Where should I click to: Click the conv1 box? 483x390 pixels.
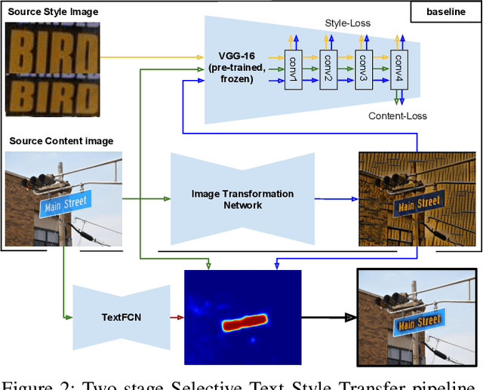point(292,71)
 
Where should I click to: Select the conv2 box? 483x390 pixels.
point(328,71)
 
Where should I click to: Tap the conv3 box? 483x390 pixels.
point(363,71)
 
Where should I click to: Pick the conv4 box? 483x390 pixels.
point(398,71)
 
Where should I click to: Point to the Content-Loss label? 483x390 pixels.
point(397,115)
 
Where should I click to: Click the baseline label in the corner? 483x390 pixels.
point(445,11)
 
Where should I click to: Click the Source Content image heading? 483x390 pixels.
point(61,141)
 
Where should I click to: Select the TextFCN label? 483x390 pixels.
point(122,316)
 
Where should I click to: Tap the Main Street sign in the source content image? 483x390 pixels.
point(66,204)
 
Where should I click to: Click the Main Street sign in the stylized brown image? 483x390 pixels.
point(418,203)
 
